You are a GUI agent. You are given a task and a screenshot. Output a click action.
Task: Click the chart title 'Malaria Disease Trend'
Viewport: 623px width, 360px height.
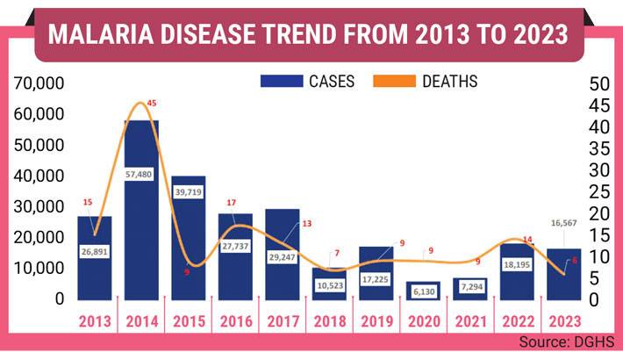(311, 34)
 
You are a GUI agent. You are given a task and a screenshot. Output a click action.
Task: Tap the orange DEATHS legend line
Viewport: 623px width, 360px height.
(394, 82)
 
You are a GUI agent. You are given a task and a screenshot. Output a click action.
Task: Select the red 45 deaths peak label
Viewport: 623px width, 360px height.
(151, 104)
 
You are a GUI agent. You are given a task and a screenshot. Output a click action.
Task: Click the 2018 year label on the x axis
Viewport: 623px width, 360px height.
(330, 320)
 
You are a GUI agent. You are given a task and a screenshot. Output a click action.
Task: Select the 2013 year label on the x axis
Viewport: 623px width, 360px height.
(95, 320)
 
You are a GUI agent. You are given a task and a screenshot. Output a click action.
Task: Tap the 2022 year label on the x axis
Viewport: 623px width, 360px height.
(517, 320)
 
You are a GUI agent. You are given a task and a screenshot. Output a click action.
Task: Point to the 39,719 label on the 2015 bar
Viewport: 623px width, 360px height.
(188, 191)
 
